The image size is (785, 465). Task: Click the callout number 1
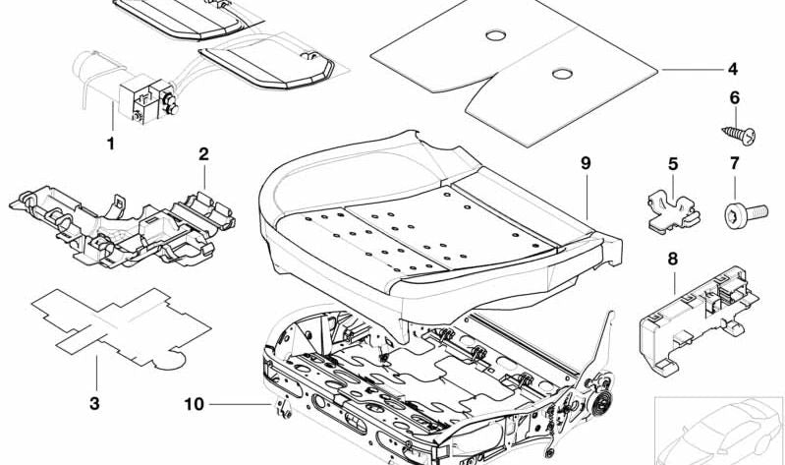click(110, 145)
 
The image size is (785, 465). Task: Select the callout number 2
click(203, 153)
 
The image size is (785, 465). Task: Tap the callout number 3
click(96, 375)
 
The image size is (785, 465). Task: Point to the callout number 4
click(733, 69)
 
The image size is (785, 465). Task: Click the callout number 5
click(673, 163)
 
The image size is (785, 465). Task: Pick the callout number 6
click(733, 97)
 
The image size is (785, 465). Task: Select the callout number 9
click(586, 163)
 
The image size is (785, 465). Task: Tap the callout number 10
click(195, 404)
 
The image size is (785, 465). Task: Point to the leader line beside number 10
click(241, 404)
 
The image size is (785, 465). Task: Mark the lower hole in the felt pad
click(561, 74)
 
